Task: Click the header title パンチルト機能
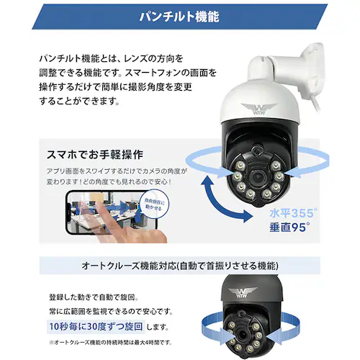coord(179,16)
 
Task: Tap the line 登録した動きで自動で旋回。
coord(94,297)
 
